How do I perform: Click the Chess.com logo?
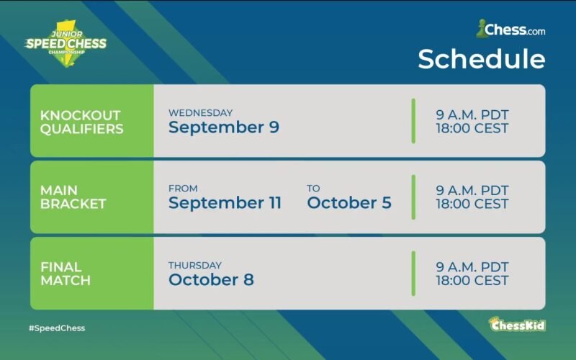[510, 29]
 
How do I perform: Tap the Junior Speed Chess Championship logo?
[66, 44]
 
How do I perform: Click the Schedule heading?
[482, 59]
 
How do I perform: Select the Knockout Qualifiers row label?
[81, 122]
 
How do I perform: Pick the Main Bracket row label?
[73, 197]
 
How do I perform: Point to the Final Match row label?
[66, 274]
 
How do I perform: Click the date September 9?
[224, 127]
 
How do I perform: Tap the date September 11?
[225, 203]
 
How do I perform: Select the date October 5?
[349, 203]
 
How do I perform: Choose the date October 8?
[211, 279]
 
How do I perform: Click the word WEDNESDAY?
[201, 113]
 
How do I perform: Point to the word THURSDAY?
[195, 265]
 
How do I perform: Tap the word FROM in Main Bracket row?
[183, 189]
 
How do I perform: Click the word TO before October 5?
[313, 189]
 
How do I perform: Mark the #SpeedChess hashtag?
[57, 328]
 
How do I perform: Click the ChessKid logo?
[517, 325]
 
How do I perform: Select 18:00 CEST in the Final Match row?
[472, 281]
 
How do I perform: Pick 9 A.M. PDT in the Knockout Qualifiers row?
[472, 115]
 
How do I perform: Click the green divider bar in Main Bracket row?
[413, 197]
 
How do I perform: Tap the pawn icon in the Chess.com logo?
[480, 29]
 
